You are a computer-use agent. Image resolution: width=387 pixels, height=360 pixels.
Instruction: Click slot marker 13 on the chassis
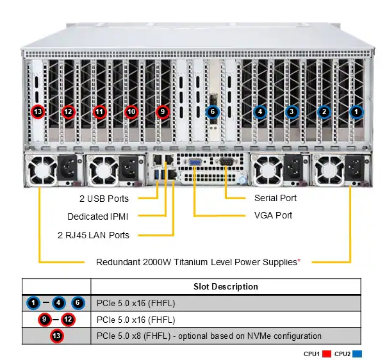click(x=38, y=111)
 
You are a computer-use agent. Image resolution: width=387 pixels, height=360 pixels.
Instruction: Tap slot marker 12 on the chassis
click(x=69, y=111)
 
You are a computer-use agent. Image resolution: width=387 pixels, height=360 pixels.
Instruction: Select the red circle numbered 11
click(x=99, y=111)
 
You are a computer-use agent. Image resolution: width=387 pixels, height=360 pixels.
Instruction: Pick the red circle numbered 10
click(x=131, y=111)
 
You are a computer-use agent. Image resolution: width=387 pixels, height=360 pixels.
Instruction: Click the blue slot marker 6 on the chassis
click(x=212, y=111)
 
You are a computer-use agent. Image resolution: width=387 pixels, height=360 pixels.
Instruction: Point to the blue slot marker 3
click(x=292, y=111)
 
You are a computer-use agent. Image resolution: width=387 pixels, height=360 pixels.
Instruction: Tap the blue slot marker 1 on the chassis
click(x=356, y=111)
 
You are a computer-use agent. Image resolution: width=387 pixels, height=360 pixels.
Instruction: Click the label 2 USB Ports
click(x=104, y=199)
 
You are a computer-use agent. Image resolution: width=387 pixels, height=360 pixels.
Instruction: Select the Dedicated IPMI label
click(x=98, y=217)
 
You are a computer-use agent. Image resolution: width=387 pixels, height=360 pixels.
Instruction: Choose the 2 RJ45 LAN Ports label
click(x=93, y=235)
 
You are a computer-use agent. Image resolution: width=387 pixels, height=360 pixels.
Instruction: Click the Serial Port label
click(x=276, y=198)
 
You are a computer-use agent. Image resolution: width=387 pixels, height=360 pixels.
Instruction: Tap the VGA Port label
click(x=273, y=215)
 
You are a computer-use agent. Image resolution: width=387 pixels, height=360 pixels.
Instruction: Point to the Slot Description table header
click(x=226, y=286)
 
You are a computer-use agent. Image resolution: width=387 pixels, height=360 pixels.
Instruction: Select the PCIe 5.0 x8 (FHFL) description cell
click(x=208, y=336)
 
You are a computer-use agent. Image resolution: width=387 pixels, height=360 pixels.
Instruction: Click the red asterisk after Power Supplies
click(x=299, y=261)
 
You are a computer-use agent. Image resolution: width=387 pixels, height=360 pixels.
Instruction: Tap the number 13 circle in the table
click(x=56, y=336)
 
